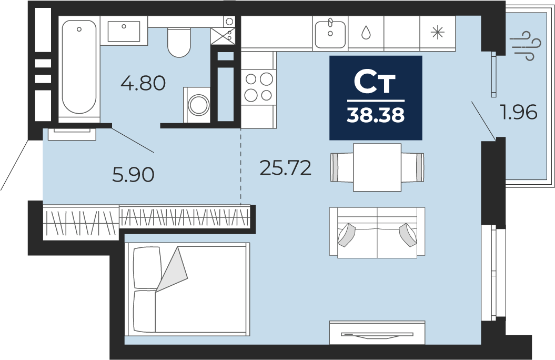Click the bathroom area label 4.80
[143, 84]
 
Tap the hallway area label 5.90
[133, 175]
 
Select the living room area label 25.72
[285, 168]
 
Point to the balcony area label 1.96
[518, 112]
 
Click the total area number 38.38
[376, 115]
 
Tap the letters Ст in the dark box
[375, 83]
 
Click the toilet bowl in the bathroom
[179, 43]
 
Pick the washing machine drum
[198, 105]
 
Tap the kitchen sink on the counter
[330, 34]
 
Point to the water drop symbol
[366, 33]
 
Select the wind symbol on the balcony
[527, 46]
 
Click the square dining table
[377, 167]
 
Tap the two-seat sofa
[377, 233]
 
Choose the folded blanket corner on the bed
[172, 269]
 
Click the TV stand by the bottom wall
[377, 333]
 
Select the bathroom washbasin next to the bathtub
[124, 31]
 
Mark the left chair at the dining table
[342, 167]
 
